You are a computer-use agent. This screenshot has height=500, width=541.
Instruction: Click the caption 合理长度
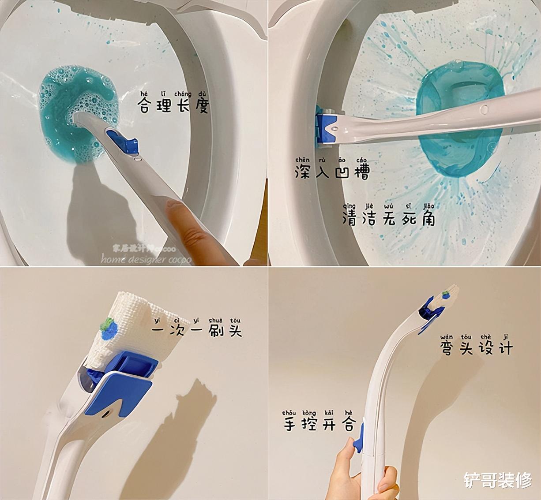click(173, 105)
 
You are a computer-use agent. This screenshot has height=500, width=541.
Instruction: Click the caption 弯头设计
click(477, 348)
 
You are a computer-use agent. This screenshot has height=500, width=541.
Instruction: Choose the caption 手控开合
click(319, 424)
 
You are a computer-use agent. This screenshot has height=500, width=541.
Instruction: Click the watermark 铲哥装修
click(497, 480)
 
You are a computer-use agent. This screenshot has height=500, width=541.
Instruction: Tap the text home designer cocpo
click(146, 259)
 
